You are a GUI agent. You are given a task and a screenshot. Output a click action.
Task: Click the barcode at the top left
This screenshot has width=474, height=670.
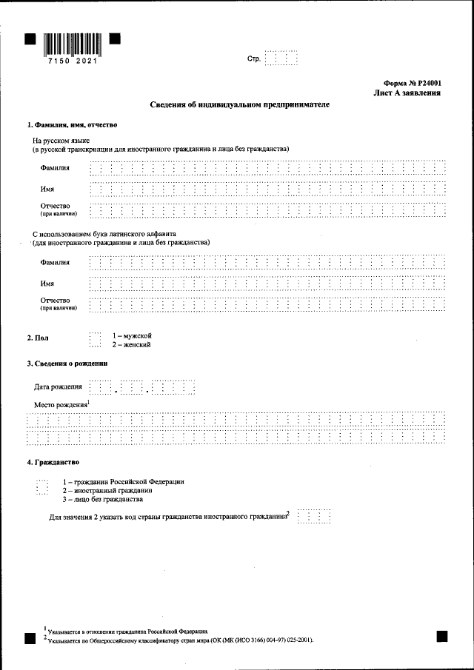pos(72,45)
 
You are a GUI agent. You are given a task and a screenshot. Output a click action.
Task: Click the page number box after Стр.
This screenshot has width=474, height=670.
pos(281,58)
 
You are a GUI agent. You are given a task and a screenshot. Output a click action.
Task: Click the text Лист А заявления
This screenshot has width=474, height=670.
pos(408,94)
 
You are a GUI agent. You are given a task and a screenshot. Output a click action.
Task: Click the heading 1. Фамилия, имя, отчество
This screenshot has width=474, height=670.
pos(72,124)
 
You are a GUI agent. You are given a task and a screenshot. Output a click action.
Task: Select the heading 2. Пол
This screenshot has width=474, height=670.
pos(39,338)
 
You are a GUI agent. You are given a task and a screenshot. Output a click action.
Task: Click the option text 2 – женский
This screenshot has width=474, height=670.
pos(132,345)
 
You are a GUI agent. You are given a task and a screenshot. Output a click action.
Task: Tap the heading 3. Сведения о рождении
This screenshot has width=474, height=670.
pos(67,364)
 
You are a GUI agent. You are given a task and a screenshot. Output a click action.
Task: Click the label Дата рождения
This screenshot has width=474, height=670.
pos(58,387)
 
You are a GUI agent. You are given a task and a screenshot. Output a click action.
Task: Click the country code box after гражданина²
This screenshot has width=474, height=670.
pos(313,516)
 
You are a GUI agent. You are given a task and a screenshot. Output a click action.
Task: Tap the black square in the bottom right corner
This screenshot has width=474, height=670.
pos(442,635)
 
